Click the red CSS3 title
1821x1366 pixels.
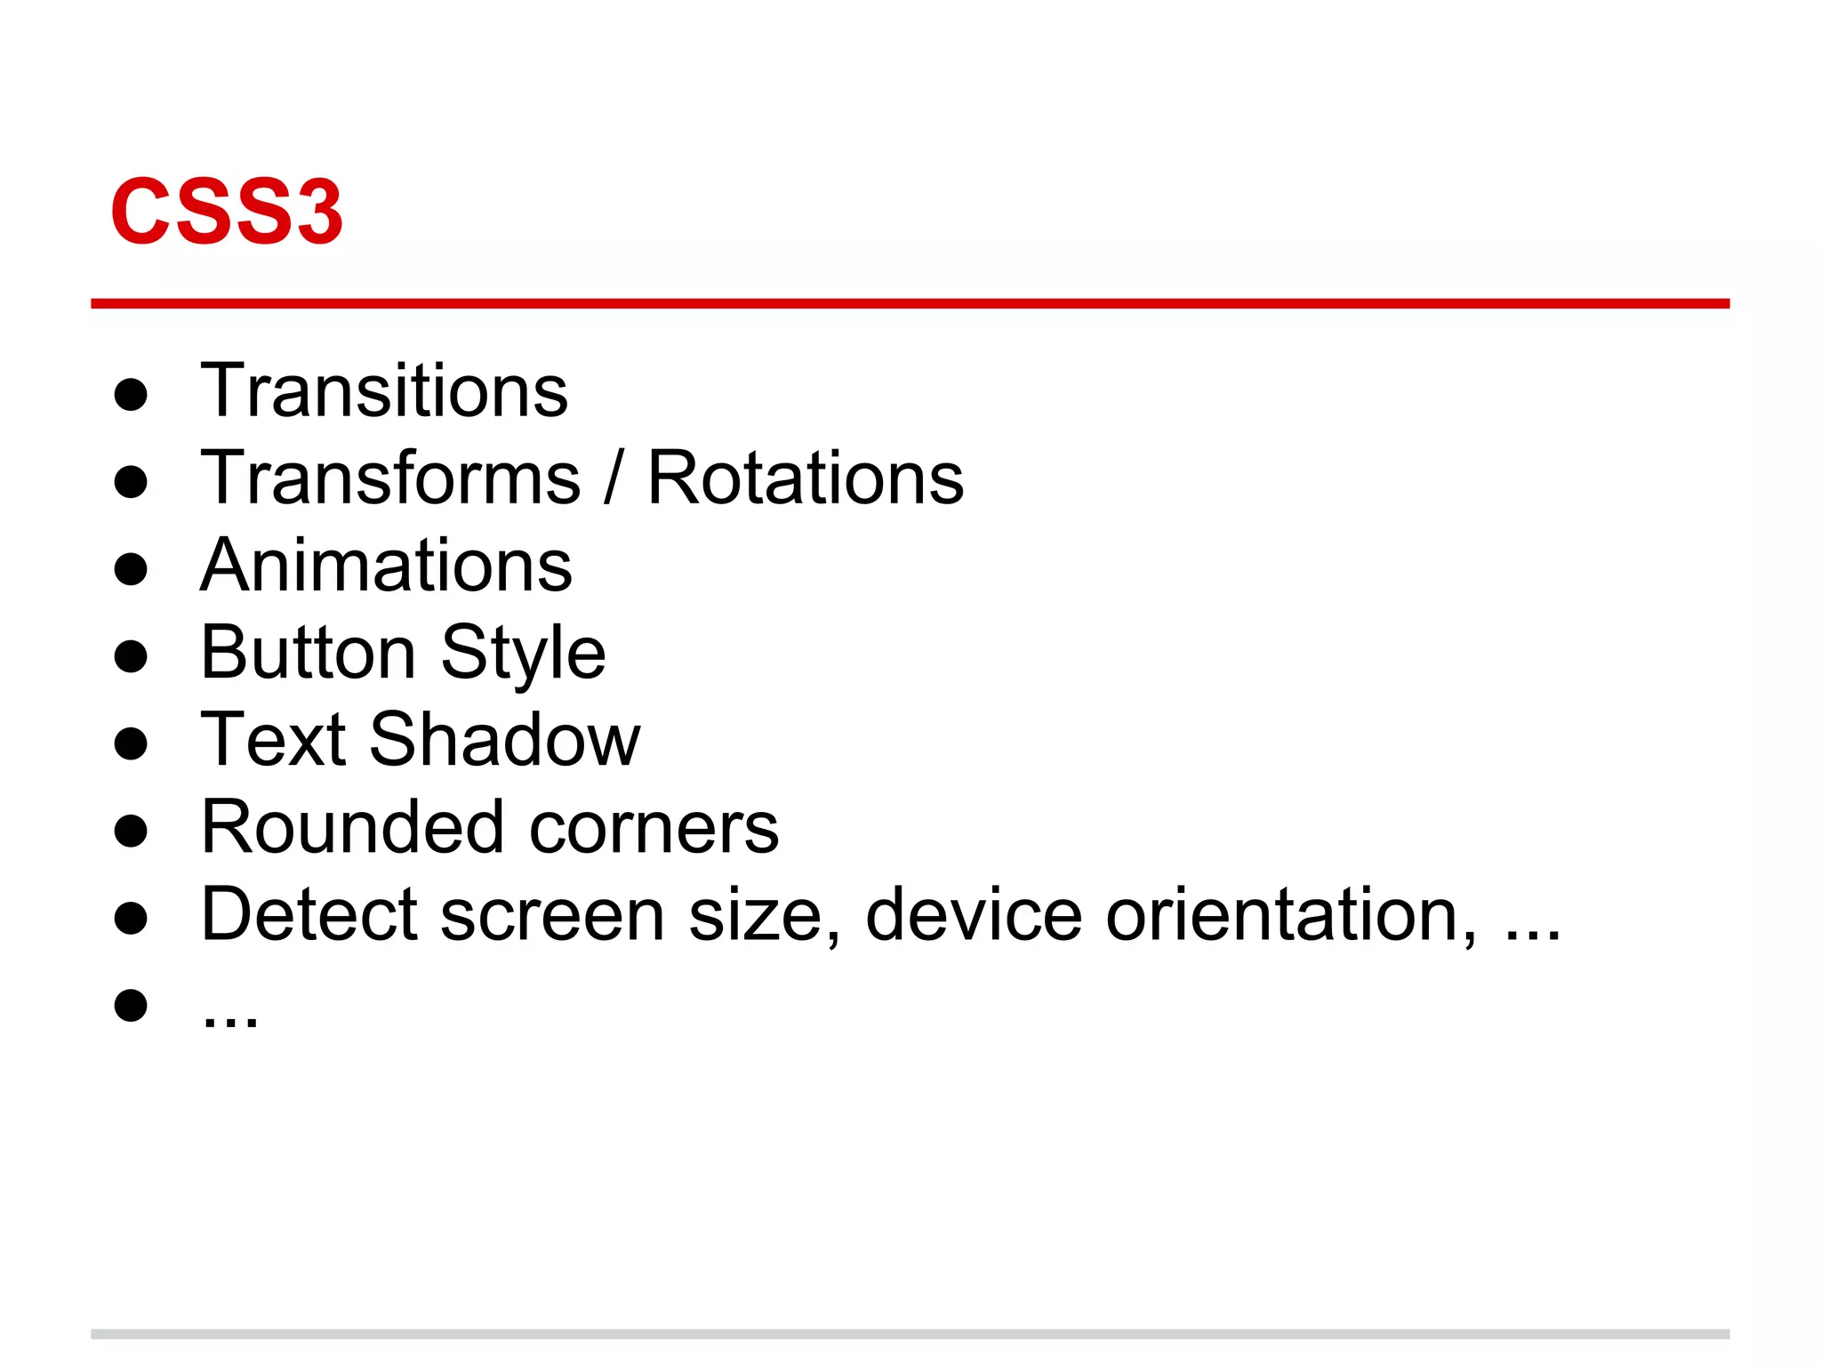coord(226,212)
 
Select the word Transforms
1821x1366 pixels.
coord(390,478)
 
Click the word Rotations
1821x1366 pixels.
coord(805,478)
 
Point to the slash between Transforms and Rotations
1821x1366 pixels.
coord(613,478)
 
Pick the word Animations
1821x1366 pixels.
coord(386,565)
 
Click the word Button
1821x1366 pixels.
coord(308,652)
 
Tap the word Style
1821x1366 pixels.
coord(523,654)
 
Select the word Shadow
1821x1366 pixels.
coord(504,739)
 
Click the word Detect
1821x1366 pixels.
coord(309,913)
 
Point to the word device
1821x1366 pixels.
coord(973,913)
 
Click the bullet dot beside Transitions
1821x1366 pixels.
coord(131,394)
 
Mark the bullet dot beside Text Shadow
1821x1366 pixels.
coord(131,743)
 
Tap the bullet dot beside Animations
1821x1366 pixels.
coord(131,569)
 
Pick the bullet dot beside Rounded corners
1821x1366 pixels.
coord(131,831)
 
